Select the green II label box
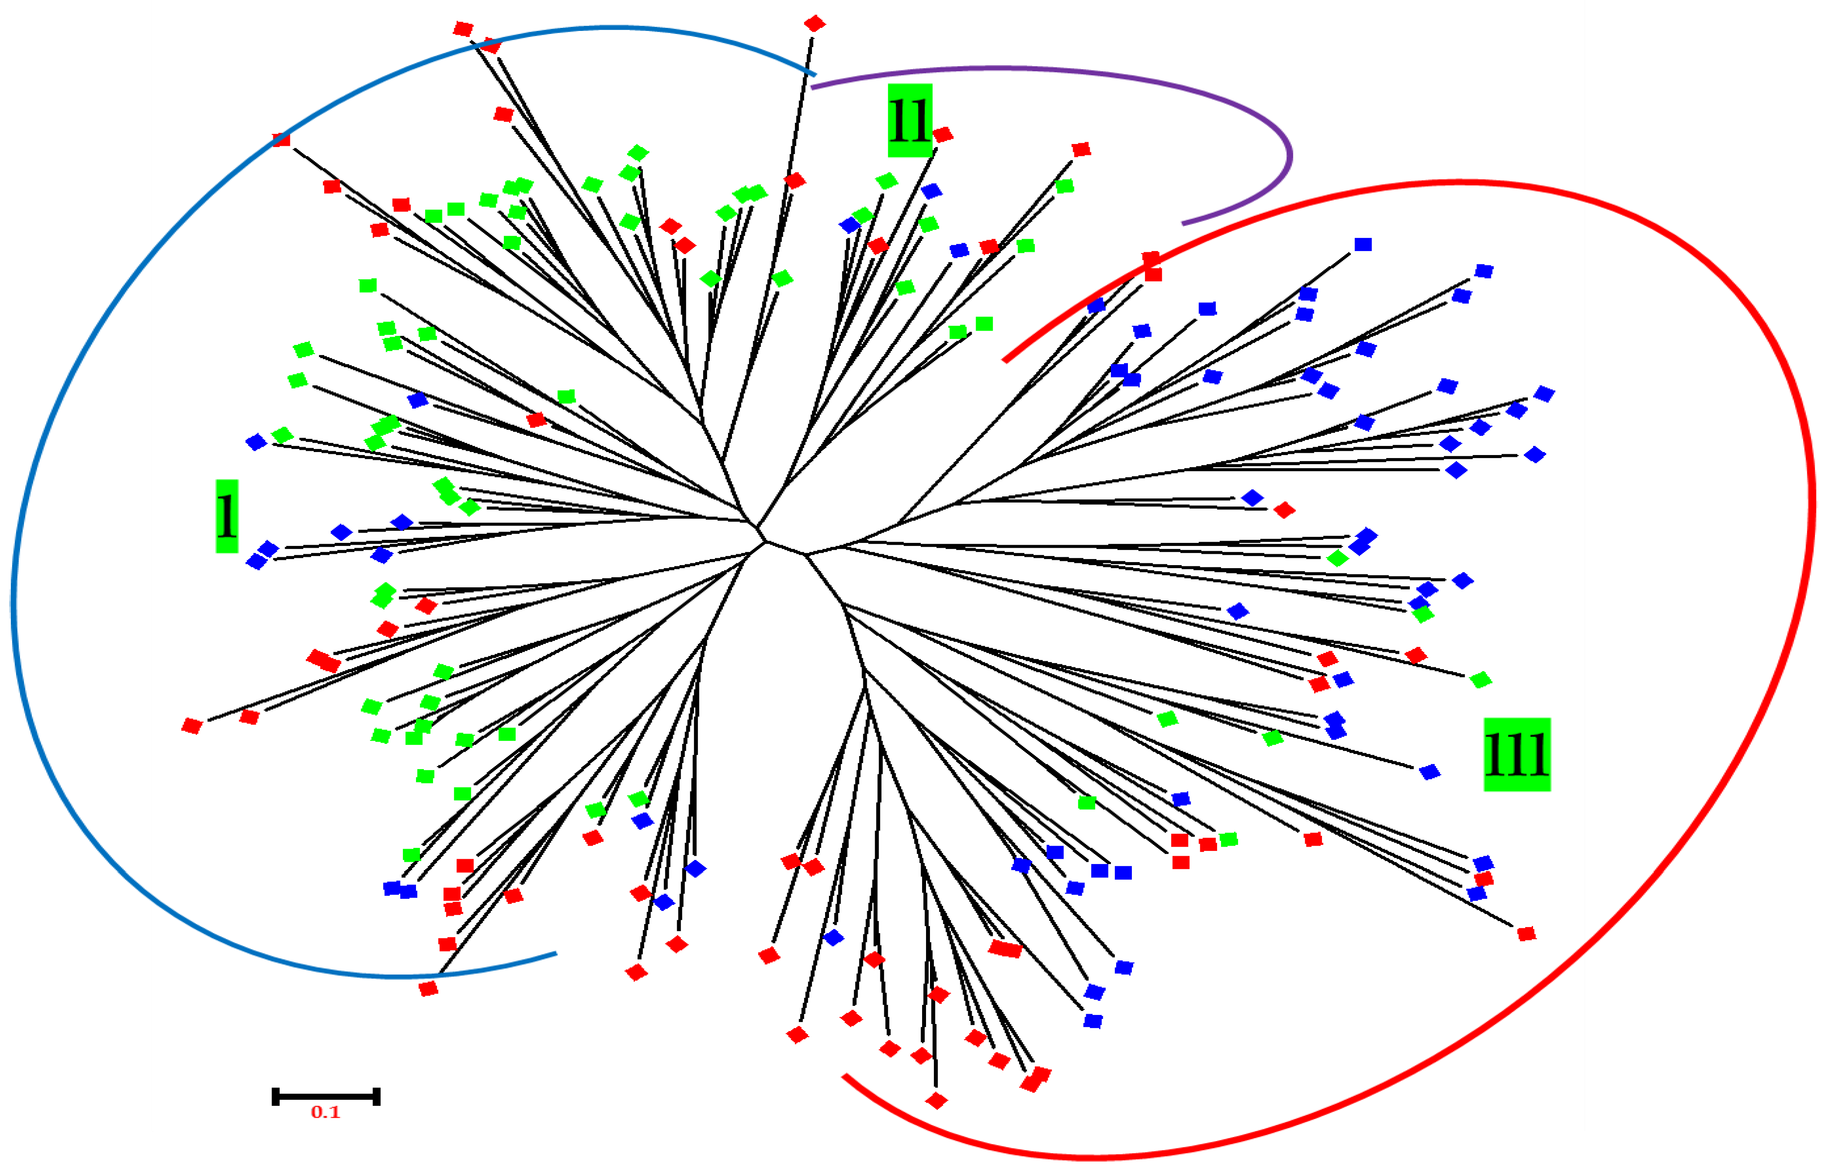(909, 120)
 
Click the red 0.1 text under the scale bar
(326, 1113)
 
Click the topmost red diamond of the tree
(814, 23)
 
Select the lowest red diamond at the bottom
(936, 1101)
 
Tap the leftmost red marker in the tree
(192, 726)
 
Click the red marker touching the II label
(943, 135)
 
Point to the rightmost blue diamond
(1543, 393)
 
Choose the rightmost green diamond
(1480, 680)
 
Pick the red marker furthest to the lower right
(1526, 934)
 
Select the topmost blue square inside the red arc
(1362, 244)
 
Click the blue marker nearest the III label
(1429, 773)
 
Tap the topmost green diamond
(638, 154)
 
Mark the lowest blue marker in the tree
(1093, 1021)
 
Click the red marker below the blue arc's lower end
(429, 988)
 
